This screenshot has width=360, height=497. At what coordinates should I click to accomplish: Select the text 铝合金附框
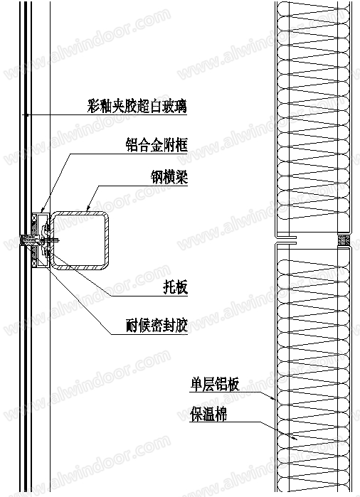[x=157, y=146]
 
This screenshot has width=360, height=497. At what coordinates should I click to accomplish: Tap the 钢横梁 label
[x=169, y=177]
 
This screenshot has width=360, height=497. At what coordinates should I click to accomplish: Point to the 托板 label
[x=176, y=287]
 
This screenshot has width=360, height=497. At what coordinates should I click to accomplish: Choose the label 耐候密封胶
[x=157, y=325]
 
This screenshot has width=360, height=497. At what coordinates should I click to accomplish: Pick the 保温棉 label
[x=208, y=415]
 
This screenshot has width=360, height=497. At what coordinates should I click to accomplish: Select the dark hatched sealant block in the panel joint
[x=343, y=240]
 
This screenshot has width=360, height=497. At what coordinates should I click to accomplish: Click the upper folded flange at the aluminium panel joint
[x=286, y=237]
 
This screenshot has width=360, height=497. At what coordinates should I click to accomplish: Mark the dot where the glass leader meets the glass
[x=27, y=114]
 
